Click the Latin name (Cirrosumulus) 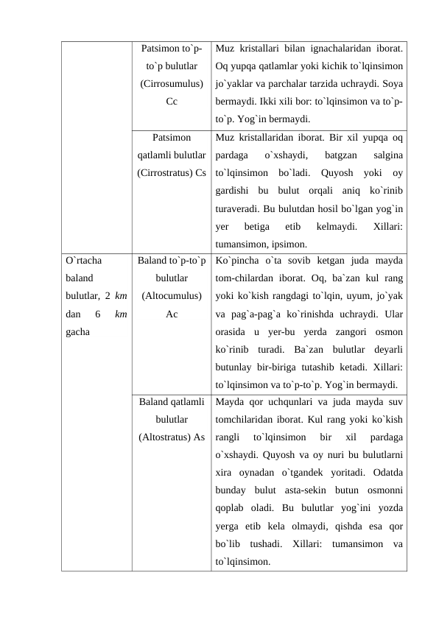point(171,84)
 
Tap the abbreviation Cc point(171,102)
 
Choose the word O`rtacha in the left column point(84,261)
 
